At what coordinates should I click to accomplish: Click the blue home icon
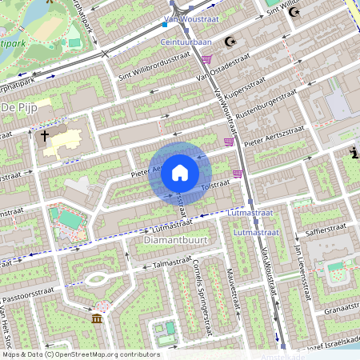tap(180, 173)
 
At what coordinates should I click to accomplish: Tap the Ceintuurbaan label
tap(186, 41)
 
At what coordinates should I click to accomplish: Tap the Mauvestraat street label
tap(234, 289)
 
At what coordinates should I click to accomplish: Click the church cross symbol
tap(45, 136)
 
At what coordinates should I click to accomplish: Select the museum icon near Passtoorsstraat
tap(97, 319)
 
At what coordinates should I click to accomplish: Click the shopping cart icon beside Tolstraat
tap(238, 172)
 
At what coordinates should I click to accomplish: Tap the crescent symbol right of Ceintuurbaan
tap(232, 41)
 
